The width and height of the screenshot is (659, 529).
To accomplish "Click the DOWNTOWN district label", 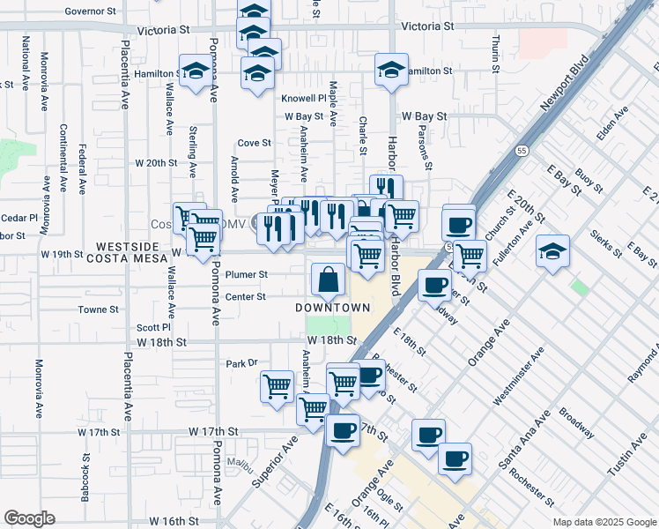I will (x=332, y=307).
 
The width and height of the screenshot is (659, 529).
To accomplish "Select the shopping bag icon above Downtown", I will (x=328, y=280).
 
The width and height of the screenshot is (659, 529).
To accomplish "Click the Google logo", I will (x=29, y=518).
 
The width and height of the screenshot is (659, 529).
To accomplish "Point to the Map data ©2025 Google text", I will (x=603, y=522).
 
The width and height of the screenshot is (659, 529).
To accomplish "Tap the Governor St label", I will (x=91, y=12).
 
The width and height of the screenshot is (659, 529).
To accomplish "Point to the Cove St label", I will (x=254, y=143).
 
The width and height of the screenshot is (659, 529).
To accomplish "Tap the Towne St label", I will (x=98, y=310).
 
